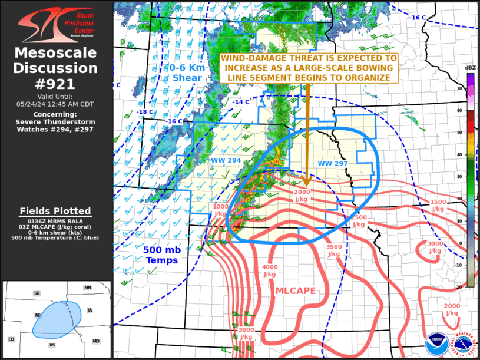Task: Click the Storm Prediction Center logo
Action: [x=56, y=24]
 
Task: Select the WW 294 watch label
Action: [x=226, y=160]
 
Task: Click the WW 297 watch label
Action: [x=333, y=163]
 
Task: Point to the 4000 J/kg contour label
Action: [x=270, y=270]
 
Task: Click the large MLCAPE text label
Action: [x=296, y=290]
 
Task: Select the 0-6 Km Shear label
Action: [x=187, y=72]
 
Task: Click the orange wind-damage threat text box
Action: [x=309, y=68]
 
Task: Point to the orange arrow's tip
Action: [x=306, y=186]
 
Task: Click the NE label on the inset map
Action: [x=38, y=315]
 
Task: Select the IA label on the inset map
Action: [x=89, y=310]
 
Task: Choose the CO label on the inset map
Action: [x=11, y=339]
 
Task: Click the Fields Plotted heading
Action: [x=55, y=211]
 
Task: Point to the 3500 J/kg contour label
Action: [x=333, y=250]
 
